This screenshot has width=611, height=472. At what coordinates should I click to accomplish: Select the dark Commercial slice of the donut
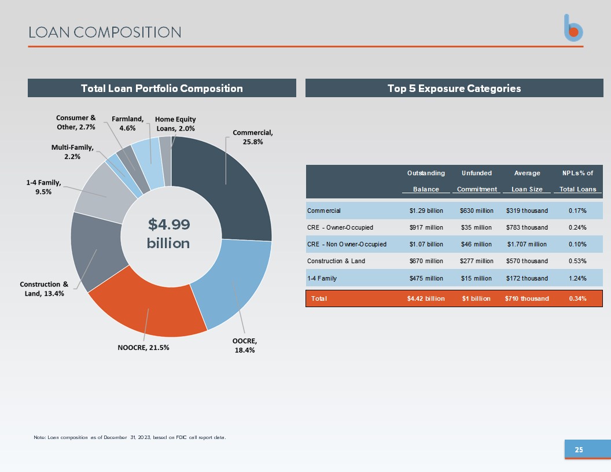click(230, 183)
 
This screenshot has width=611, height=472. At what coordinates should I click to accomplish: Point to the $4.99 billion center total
click(168, 234)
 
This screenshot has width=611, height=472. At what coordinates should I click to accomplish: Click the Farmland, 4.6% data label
click(127, 123)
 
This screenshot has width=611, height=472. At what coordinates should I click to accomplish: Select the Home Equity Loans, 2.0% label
click(175, 124)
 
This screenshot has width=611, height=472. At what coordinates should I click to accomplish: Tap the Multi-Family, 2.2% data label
click(72, 152)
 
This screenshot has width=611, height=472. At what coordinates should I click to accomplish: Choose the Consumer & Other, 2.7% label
click(76, 122)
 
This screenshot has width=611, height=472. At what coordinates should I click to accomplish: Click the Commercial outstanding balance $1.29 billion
click(426, 211)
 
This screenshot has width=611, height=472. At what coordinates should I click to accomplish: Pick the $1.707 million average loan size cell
click(527, 244)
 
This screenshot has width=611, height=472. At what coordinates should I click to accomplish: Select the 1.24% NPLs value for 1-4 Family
click(577, 278)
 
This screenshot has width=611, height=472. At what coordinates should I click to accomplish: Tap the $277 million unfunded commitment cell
click(476, 261)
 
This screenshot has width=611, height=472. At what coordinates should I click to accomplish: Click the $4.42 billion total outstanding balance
click(426, 298)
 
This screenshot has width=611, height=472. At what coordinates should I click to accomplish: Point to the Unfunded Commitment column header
click(477, 181)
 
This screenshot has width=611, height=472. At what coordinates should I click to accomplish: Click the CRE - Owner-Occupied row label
click(340, 227)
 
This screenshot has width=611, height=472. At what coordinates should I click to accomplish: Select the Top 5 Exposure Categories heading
click(454, 89)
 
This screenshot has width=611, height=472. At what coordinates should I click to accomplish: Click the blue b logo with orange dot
click(573, 28)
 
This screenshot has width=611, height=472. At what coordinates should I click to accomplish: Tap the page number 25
click(579, 450)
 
